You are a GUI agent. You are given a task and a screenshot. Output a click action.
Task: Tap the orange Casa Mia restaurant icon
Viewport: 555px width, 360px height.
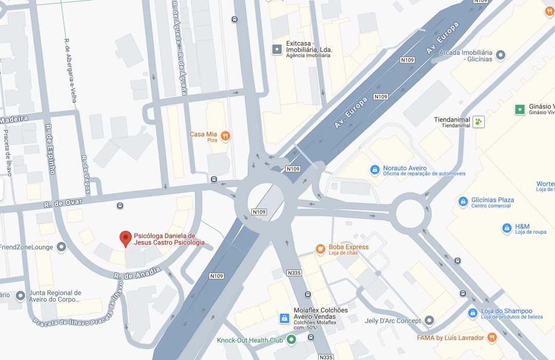(x=225, y=136)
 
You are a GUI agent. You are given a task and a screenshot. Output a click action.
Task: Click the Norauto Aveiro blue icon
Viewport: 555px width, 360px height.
(x=375, y=169)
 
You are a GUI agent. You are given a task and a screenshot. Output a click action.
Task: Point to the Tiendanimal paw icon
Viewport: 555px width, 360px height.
(x=479, y=122)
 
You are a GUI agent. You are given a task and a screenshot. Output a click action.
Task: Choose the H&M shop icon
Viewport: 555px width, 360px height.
(x=507, y=228)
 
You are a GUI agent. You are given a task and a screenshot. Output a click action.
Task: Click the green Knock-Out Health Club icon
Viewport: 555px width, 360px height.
(x=291, y=339)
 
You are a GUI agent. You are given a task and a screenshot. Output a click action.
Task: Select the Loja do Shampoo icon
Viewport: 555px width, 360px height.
(x=473, y=313)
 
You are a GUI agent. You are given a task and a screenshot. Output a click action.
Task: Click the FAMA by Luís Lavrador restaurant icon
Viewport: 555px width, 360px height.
(x=492, y=337)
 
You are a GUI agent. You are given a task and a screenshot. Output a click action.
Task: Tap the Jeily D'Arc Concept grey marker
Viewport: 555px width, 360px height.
(x=429, y=321)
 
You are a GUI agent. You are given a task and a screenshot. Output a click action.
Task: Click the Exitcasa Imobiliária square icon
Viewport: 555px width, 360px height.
(x=277, y=49)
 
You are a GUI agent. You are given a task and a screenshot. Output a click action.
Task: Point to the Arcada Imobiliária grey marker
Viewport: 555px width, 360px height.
(x=501, y=54)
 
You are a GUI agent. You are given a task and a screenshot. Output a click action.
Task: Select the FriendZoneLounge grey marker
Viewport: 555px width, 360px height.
(x=62, y=248)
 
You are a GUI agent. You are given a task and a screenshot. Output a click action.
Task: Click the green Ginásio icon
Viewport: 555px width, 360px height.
(x=520, y=109)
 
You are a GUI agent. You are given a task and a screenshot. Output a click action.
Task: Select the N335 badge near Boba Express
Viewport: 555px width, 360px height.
(x=294, y=273)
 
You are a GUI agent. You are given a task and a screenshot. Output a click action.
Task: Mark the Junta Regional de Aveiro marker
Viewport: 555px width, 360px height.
(x=21, y=296)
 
